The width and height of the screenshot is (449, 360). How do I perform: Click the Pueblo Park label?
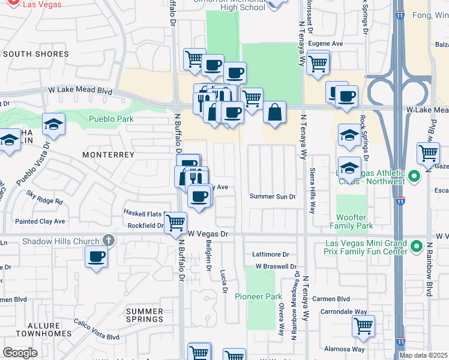[111, 119]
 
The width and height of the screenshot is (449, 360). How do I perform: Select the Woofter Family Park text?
[351, 221]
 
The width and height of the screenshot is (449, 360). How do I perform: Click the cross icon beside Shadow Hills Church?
[108, 241]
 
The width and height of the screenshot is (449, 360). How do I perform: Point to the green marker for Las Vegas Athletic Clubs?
[414, 177]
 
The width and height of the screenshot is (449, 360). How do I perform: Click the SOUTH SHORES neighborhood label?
[36, 54]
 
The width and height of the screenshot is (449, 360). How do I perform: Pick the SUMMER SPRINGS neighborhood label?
[145, 315]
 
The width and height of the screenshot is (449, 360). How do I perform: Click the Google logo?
[20, 352]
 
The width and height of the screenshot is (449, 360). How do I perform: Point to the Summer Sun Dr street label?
[273, 197]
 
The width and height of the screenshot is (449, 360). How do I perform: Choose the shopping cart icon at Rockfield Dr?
[175, 222]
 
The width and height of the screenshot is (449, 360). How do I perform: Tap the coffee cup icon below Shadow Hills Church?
[96, 258]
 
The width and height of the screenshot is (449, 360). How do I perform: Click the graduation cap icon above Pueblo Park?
[53, 124]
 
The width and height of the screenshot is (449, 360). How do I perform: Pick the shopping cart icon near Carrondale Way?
[363, 326]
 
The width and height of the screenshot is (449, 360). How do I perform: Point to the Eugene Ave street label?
[325, 44]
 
